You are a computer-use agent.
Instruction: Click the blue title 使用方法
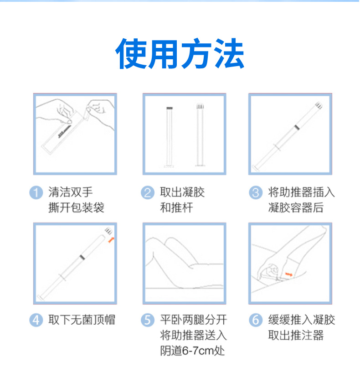tap(180, 54)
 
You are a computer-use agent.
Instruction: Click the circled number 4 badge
tap(36, 321)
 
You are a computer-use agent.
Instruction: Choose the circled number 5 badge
tap(147, 321)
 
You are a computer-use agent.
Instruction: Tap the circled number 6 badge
tap(256, 321)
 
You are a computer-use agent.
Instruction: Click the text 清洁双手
tap(71, 192)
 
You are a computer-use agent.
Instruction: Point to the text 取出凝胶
tap(182, 192)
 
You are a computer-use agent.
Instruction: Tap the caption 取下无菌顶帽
tap(82, 320)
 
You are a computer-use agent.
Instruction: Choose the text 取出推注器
tap(296, 336)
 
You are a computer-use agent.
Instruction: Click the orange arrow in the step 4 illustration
tap(111, 239)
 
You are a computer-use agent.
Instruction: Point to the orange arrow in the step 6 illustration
tap(288, 274)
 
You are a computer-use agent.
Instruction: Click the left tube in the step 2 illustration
tap(170, 137)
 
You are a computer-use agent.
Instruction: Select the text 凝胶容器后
tap(296, 208)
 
